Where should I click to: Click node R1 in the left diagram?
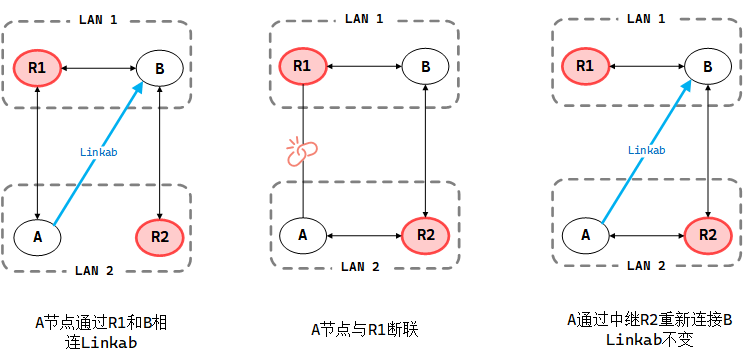click(x=37, y=68)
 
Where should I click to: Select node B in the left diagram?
click(x=160, y=68)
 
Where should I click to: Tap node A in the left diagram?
click(x=37, y=237)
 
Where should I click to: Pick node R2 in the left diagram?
click(x=160, y=237)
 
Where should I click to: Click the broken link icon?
click(x=301, y=152)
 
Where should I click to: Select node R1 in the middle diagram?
click(x=302, y=67)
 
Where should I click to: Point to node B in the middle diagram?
click(x=426, y=67)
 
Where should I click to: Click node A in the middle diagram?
click(x=302, y=235)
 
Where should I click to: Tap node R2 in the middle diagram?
click(x=426, y=235)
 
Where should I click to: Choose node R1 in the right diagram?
click(x=585, y=67)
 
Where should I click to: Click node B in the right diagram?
click(x=708, y=67)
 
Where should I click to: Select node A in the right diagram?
click(x=585, y=235)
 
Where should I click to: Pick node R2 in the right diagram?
click(x=708, y=235)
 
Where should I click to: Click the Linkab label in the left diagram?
click(x=99, y=152)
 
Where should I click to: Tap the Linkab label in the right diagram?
click(x=647, y=150)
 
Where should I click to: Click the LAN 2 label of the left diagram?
click(x=96, y=270)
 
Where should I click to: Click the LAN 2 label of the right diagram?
click(x=645, y=266)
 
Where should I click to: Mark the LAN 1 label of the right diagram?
click(x=645, y=18)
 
